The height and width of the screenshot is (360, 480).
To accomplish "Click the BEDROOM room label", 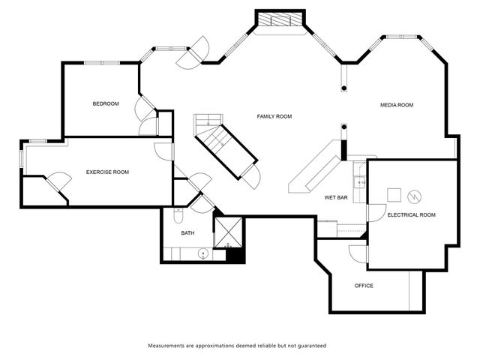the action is (106, 103).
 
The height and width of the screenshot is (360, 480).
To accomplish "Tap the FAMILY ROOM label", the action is (274, 116).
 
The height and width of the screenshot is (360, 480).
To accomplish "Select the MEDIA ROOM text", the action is (397, 105).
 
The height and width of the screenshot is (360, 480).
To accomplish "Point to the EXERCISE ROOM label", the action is (107, 172).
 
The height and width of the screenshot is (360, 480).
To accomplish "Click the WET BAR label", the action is (336, 197).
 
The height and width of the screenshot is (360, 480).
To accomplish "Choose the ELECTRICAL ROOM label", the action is (412, 215).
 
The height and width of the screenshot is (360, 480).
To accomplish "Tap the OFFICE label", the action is (364, 286).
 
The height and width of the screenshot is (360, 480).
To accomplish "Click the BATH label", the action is (187, 233).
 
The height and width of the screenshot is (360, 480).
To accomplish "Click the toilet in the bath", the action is (178, 216).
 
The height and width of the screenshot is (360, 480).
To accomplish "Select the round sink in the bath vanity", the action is (203, 253).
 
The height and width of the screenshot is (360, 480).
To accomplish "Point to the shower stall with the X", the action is (228, 232).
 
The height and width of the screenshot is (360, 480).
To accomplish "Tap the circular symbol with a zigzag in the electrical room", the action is (414, 196).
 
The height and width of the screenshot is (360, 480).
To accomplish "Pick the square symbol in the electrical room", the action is (394, 195).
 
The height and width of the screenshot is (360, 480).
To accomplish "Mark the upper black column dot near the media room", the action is (343, 88).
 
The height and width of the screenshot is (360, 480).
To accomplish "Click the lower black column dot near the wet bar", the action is (343, 127).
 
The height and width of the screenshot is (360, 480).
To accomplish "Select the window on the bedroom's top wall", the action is (102, 63).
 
